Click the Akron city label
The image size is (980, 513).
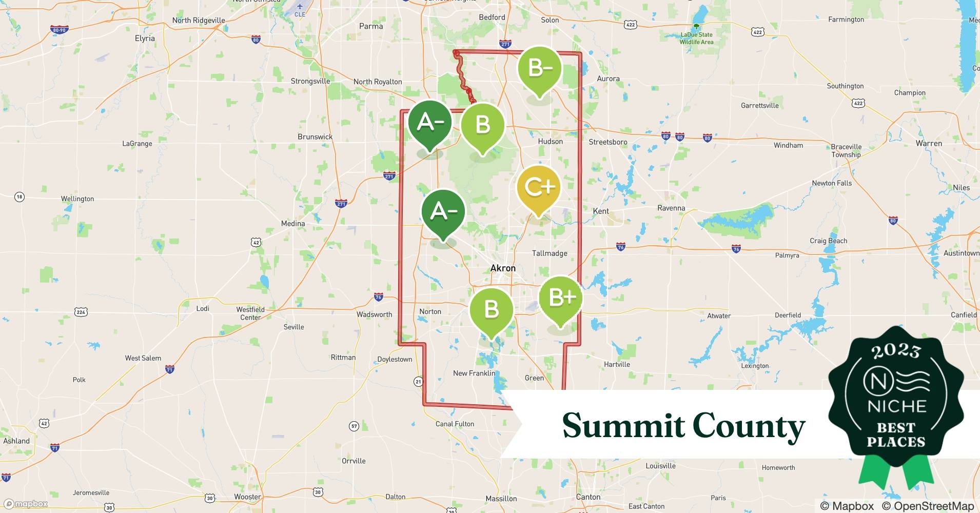point(503,268)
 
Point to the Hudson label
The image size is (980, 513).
point(550,141)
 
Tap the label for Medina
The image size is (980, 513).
point(293,223)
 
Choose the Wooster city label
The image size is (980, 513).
point(247,497)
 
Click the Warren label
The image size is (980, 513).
point(929,143)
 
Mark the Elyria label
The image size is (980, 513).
point(145,38)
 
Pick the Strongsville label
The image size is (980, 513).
point(310,81)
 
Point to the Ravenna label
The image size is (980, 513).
point(671,208)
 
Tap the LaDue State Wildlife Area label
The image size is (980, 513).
point(696,38)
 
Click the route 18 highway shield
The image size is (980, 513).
point(19,196)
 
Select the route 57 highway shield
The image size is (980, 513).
point(354,426)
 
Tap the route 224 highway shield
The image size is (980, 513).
point(81,311)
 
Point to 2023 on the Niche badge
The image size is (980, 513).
point(896,351)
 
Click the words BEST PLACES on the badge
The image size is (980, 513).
point(896,435)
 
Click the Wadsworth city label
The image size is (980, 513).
point(375,314)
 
